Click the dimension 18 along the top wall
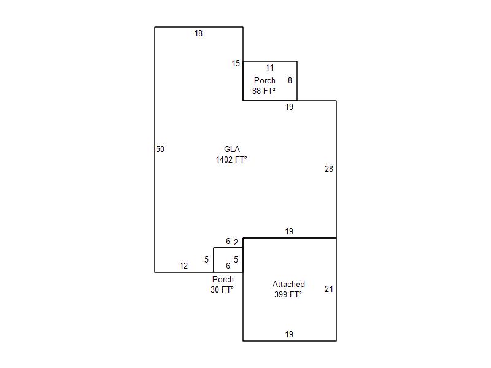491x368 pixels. pyautogui.click(x=198, y=33)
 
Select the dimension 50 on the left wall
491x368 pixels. pyautogui.click(x=160, y=149)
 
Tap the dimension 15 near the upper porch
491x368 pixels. pyautogui.click(x=236, y=64)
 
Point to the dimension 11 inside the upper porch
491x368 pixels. pyautogui.click(x=269, y=67)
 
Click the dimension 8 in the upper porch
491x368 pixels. pyautogui.click(x=290, y=80)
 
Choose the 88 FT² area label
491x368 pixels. pyautogui.click(x=264, y=91)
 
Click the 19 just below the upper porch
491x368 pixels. pyautogui.click(x=289, y=107)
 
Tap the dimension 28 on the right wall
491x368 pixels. pyautogui.click(x=329, y=169)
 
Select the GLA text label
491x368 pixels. pyautogui.click(x=232, y=149)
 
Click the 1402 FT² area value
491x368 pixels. pyautogui.click(x=231, y=159)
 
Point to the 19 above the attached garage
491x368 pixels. pyautogui.click(x=289, y=232)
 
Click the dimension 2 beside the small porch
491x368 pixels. pyautogui.click(x=236, y=242)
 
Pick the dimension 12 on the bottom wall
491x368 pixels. pyautogui.click(x=184, y=266)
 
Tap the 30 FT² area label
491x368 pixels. pyautogui.click(x=222, y=289)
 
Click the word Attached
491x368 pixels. pyautogui.click(x=288, y=284)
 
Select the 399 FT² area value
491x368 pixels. pyautogui.click(x=288, y=294)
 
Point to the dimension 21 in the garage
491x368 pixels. pyautogui.click(x=329, y=289)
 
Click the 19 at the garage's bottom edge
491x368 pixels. pyautogui.click(x=289, y=334)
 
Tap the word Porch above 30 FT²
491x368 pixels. pyautogui.click(x=223, y=279)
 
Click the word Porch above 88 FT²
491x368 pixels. pyautogui.click(x=265, y=80)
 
